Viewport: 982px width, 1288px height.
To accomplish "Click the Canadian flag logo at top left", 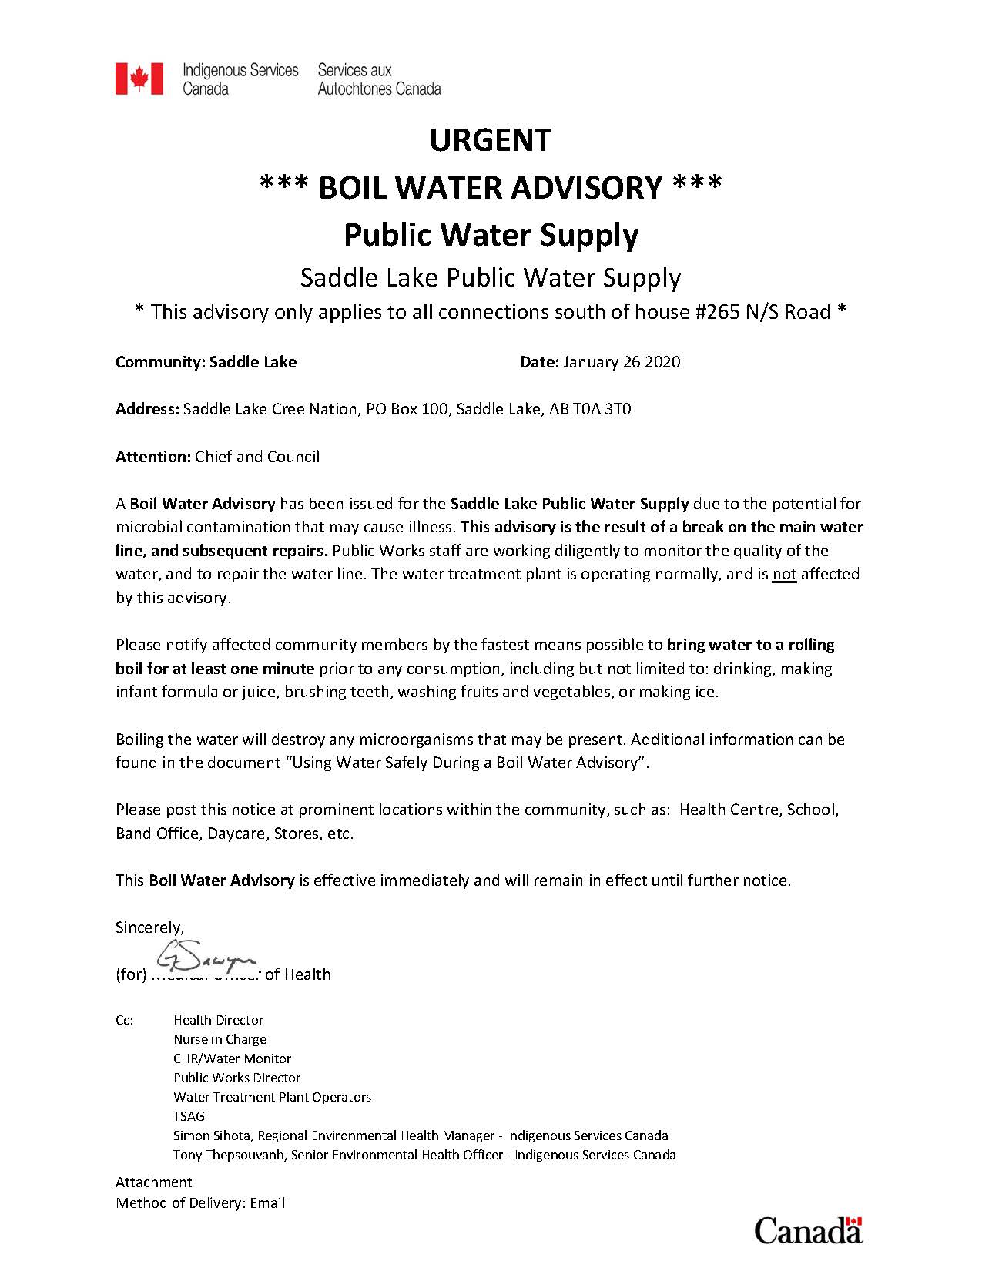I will click(x=139, y=79).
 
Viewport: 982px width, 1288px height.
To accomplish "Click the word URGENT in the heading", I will click(x=491, y=140).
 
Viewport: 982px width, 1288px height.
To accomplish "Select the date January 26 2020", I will click(x=622, y=362).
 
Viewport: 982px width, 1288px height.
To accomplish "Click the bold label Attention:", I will click(x=152, y=456).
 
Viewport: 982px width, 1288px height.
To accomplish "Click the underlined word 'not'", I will click(x=784, y=574).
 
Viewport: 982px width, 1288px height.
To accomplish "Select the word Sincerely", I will click(x=149, y=927).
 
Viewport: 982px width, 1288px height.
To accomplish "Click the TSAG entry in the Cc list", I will click(x=189, y=1116).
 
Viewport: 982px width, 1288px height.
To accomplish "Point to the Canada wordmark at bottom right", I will click(x=807, y=1229).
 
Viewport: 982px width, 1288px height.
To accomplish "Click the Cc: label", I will click(x=125, y=1020).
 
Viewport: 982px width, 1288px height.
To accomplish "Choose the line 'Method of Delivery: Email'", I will click(x=200, y=1202).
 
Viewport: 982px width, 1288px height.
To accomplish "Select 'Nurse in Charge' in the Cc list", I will click(x=220, y=1039).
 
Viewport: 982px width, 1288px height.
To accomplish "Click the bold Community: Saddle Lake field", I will click(x=206, y=362).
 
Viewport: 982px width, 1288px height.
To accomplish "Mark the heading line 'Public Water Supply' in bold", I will click(x=491, y=234).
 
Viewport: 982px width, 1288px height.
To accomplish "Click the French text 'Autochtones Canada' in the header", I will click(x=379, y=89).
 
